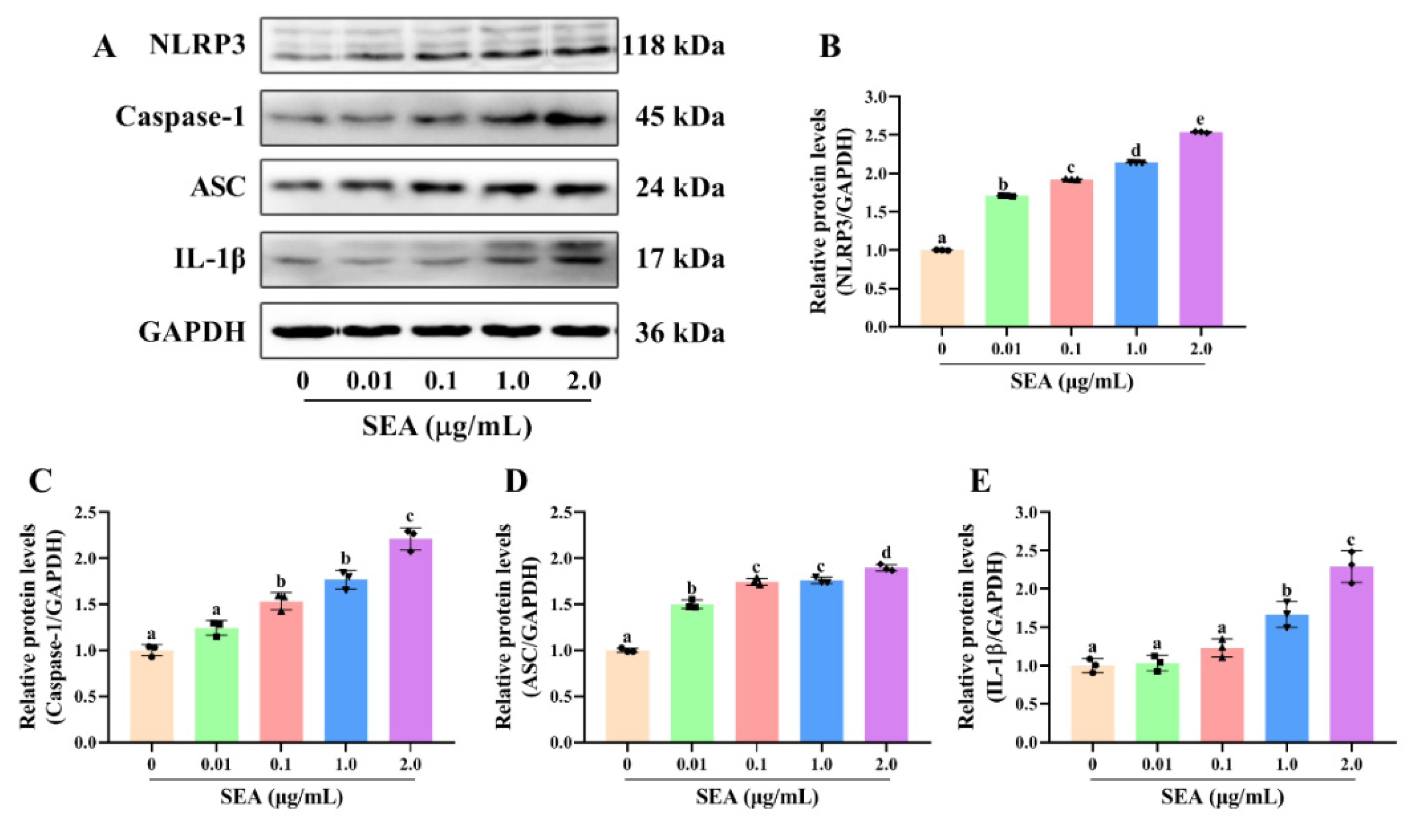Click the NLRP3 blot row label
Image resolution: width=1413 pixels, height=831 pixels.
[x=197, y=45]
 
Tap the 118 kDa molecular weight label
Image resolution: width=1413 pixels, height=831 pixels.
[x=674, y=46]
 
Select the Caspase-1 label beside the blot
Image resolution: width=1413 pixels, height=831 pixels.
[x=180, y=116]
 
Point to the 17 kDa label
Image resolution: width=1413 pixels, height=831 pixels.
[x=679, y=259]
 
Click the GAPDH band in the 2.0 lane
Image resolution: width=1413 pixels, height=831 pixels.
[x=580, y=331]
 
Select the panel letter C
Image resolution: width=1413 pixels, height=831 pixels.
[x=40, y=481]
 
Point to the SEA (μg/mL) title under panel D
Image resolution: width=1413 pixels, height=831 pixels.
[x=757, y=797]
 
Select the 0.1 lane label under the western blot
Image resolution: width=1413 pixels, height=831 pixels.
[x=441, y=382]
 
